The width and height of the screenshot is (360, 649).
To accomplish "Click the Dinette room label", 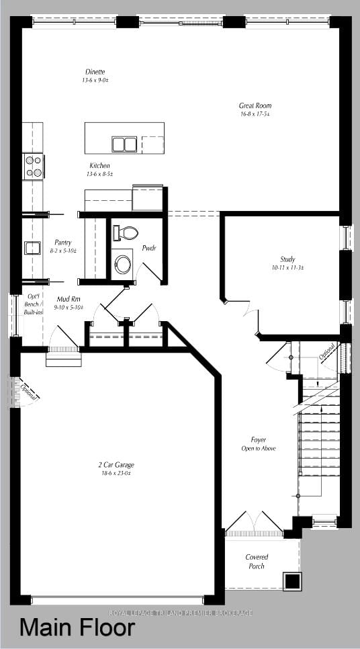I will pos(95,72).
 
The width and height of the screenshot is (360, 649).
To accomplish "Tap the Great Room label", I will pos(255,105).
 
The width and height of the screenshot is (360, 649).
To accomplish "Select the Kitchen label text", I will pos(99,166).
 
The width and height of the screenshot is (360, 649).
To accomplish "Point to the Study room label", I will pos(287,259).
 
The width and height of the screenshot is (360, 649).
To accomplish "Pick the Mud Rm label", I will pos(69,299).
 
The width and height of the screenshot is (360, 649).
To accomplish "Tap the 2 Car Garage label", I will pos(116,464).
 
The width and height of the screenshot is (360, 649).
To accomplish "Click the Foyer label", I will pos(259,440).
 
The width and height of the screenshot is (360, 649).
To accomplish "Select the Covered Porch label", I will pos(257,562).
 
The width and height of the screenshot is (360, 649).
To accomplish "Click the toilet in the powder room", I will pos(126,233).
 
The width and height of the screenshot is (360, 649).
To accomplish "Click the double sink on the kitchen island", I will pos(124,144).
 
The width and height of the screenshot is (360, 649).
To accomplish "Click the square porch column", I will pos(292,581).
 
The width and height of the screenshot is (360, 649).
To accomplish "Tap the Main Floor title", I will pos(77,628).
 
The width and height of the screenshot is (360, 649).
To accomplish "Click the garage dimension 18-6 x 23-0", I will pos(116,473).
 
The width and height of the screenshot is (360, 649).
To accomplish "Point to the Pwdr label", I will pos(148,248).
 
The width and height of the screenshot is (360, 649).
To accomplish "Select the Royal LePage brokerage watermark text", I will pos(181,613).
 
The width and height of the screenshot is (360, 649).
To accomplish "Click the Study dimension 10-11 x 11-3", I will pos(287,267).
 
